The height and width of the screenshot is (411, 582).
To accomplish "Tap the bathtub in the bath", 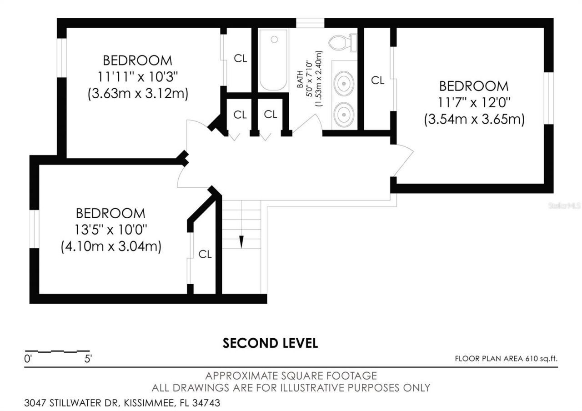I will pos(273,60).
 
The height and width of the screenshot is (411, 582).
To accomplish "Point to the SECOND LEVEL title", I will pos(270,343).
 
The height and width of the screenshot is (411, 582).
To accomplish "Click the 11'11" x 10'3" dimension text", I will pos(137,76).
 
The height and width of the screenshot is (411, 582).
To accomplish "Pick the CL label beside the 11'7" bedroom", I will pos(377,80).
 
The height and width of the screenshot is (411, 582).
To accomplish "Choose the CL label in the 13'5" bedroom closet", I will pos(205,255).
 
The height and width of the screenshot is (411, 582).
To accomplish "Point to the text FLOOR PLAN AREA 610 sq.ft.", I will pos(506,359).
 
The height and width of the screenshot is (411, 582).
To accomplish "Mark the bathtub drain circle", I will pos(274,40).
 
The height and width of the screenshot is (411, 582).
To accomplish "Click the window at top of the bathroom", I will pos(310,23).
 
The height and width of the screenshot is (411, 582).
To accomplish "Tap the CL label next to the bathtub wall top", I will pos(240,59).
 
